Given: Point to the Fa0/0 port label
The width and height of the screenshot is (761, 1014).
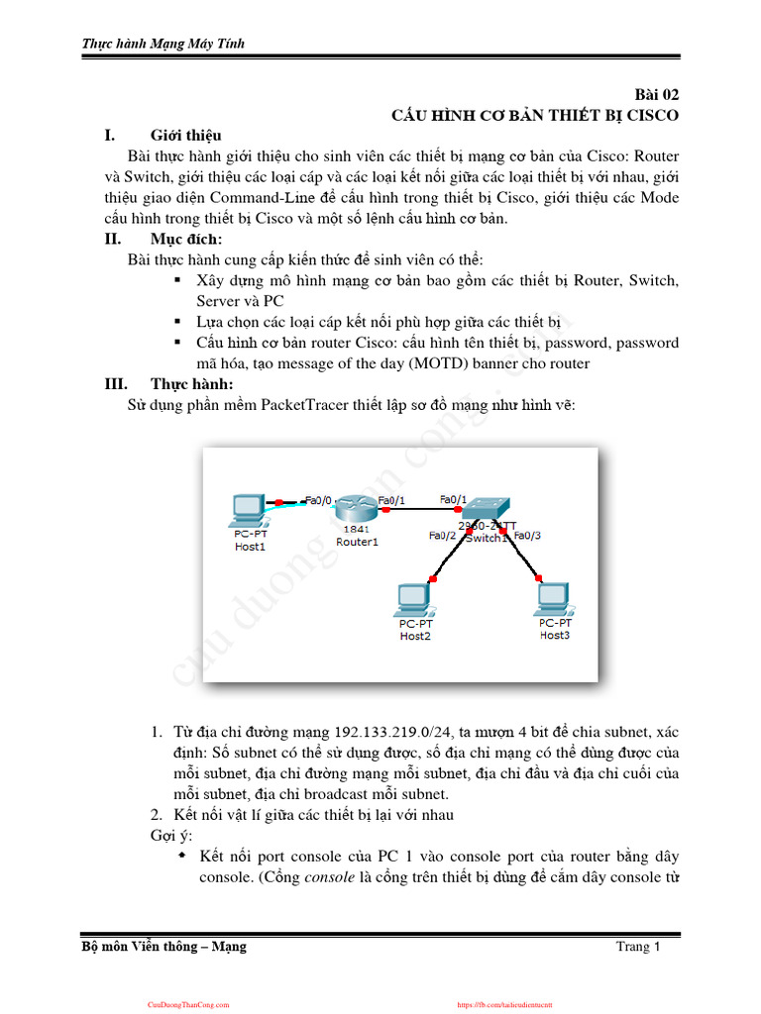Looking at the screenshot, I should tap(318, 500).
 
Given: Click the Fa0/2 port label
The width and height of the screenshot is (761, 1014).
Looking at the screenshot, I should tap(442, 536).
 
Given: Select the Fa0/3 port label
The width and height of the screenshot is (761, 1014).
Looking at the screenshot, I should tap(527, 536).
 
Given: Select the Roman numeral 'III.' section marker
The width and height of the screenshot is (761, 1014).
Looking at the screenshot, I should tap(117, 383).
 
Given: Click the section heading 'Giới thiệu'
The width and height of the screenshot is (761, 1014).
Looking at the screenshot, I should tap(185, 135).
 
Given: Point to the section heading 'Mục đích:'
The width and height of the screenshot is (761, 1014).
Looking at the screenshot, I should tap(186, 239).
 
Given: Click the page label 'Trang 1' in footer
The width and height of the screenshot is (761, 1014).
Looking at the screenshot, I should tap(637, 947).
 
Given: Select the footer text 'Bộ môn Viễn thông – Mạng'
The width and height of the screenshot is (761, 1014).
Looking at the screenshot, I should tap(163, 947).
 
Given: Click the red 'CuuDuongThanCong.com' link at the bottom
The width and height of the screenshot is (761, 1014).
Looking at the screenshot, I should tap(188, 1004).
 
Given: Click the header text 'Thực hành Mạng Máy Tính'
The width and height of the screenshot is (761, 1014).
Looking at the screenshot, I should tap(163, 44).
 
